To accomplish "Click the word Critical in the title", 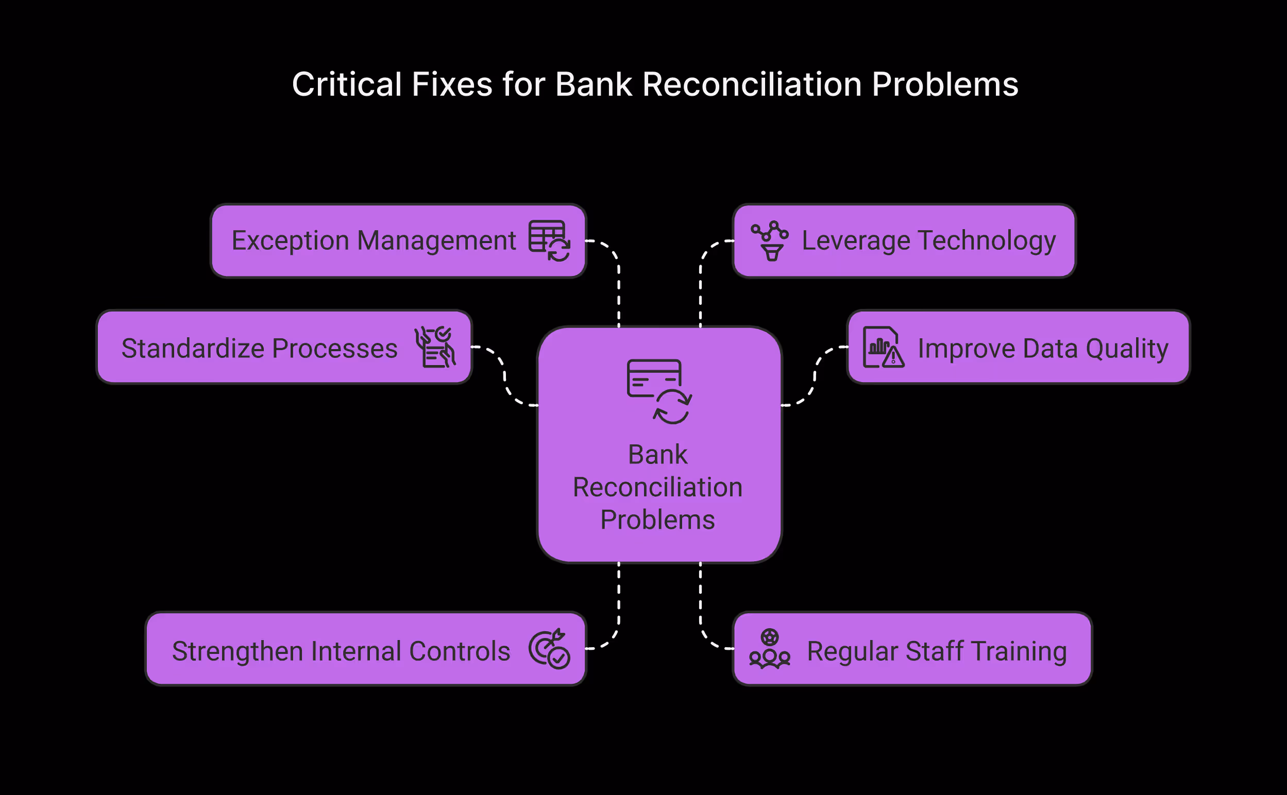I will [347, 84].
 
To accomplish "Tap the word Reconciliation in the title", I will [752, 84].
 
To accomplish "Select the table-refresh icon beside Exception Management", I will [549, 241].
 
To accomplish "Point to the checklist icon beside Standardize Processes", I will [435, 347].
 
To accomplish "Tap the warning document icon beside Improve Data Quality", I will [883, 347].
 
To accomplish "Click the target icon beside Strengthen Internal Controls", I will [549, 649].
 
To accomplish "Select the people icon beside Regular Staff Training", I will [769, 649].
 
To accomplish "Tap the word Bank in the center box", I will [657, 455].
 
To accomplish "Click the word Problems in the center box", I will [657, 520].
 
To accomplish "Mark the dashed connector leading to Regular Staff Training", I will [701, 604].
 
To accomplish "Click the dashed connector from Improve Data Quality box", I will [815, 376].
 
